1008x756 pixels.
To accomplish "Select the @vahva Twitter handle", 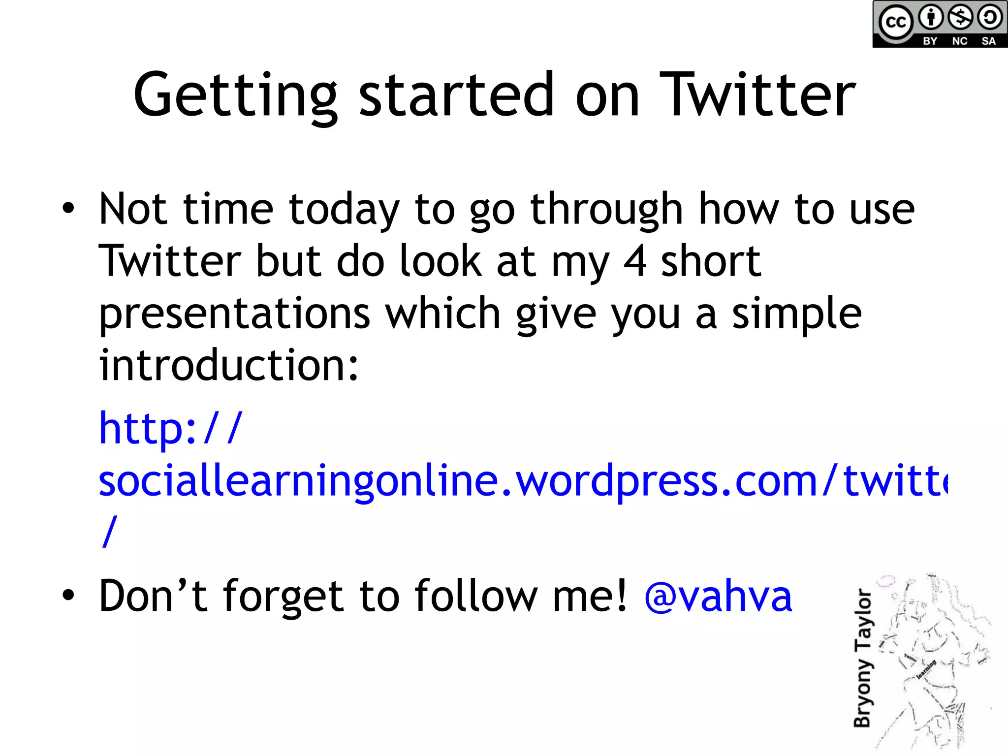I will tap(718, 597).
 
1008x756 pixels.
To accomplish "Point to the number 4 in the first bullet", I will tap(634, 262).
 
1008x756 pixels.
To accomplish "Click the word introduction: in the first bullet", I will tap(229, 365).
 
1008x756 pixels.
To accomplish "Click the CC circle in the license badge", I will tap(896, 22).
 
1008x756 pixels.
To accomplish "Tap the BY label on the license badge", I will tap(930, 41).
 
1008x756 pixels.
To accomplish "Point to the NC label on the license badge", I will tap(960, 41).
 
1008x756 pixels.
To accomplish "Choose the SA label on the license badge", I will tap(989, 41).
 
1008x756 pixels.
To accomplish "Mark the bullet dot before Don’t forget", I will tap(68, 595).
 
